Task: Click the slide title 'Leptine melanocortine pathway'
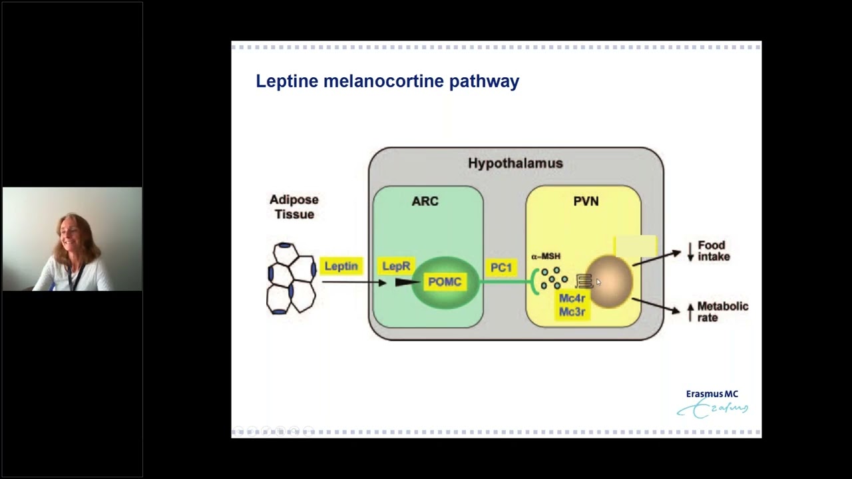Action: (387, 81)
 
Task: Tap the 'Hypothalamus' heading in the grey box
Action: (515, 163)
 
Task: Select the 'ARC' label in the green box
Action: (425, 201)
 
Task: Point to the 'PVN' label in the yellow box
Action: (586, 201)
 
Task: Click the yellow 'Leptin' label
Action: (341, 266)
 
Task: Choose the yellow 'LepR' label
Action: (396, 266)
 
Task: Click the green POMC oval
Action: (445, 282)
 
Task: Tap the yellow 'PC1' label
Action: (501, 267)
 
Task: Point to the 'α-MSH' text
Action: (546, 256)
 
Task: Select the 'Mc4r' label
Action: (572, 299)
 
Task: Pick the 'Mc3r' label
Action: (572, 311)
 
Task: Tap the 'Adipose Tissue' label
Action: (294, 207)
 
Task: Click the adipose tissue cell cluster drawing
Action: (291, 279)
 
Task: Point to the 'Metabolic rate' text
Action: (722, 311)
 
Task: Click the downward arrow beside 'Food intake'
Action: (690, 251)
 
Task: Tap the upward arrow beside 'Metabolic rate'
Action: (690, 312)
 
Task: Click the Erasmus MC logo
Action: (712, 403)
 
